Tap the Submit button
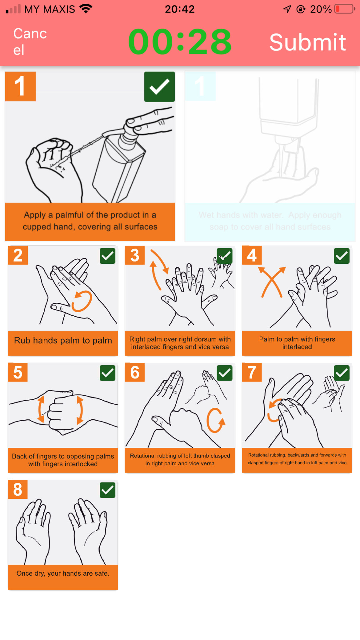click(x=307, y=42)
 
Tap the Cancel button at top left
click(x=30, y=42)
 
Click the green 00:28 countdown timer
click(x=180, y=42)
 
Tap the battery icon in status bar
click(x=344, y=9)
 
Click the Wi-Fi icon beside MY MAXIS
click(x=86, y=8)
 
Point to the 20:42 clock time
click(x=180, y=9)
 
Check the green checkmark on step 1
click(x=159, y=87)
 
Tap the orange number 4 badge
click(x=252, y=255)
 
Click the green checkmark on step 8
click(x=107, y=490)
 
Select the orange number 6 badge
click(x=135, y=372)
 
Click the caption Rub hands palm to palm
click(x=63, y=341)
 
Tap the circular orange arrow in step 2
click(x=82, y=301)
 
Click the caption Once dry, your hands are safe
click(x=63, y=573)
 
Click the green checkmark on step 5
click(x=107, y=373)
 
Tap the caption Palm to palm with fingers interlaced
click(x=297, y=343)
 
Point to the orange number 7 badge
click(x=252, y=372)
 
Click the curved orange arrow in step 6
click(x=215, y=420)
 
